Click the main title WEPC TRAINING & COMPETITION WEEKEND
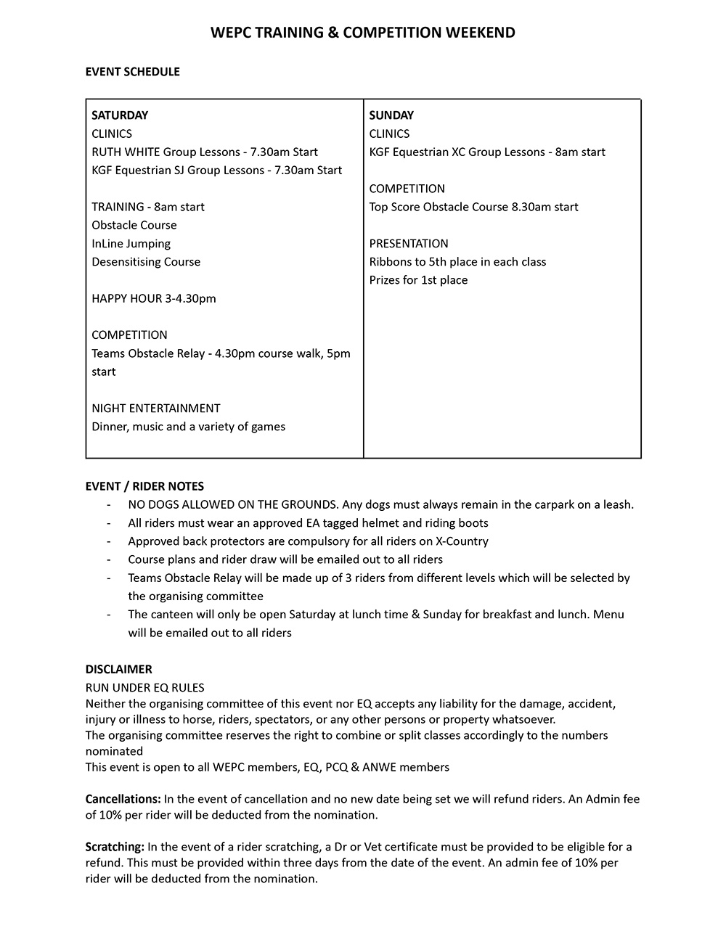[362, 33]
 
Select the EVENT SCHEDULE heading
[132, 72]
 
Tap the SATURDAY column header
[120, 115]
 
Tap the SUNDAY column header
[391, 115]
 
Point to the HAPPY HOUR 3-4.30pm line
[154, 298]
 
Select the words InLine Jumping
[131, 244]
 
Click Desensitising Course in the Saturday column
[146, 262]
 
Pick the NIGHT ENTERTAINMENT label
[156, 409]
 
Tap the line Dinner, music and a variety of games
[189, 427]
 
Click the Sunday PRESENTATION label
[409, 244]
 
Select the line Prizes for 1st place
[418, 280]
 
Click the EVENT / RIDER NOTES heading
[144, 486]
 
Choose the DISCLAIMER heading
[118, 669]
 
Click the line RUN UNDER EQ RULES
[145, 687]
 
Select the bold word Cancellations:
[123, 799]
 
